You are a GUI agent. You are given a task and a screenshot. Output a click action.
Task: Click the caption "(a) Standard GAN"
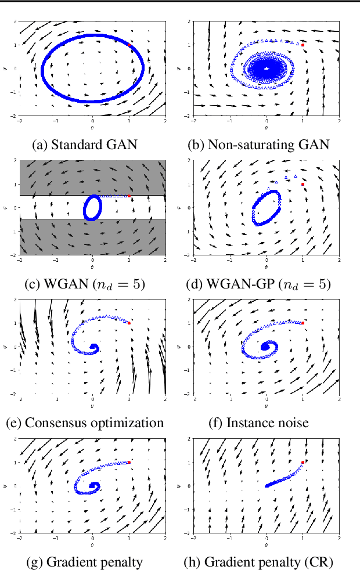(x=86, y=145)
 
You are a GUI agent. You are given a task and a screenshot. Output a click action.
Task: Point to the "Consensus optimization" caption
(x=85, y=423)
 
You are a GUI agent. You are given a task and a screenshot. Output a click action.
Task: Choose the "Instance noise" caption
(x=258, y=423)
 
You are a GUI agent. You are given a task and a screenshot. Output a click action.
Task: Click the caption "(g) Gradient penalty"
(x=86, y=561)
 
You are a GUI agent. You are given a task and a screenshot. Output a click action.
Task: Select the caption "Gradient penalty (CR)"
(x=258, y=561)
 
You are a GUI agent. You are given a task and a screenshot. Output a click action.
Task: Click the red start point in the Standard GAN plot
(x=129, y=45)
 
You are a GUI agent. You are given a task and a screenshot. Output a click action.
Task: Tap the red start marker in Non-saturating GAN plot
(x=303, y=45)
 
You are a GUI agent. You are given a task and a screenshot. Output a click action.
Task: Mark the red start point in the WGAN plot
(x=129, y=196)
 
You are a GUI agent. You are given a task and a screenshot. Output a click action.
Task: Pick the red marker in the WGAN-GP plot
(x=303, y=184)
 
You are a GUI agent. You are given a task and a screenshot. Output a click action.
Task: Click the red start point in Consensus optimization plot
(x=129, y=323)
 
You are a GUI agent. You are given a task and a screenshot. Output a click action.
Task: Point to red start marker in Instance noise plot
(x=303, y=323)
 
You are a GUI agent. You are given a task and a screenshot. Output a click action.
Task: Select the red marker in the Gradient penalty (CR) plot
(x=303, y=463)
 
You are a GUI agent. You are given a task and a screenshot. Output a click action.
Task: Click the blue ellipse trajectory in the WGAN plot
(x=85, y=208)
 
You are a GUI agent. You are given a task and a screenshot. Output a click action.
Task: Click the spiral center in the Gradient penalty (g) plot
(x=93, y=486)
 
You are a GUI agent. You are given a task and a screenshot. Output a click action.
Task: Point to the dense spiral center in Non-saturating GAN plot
(x=267, y=69)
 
